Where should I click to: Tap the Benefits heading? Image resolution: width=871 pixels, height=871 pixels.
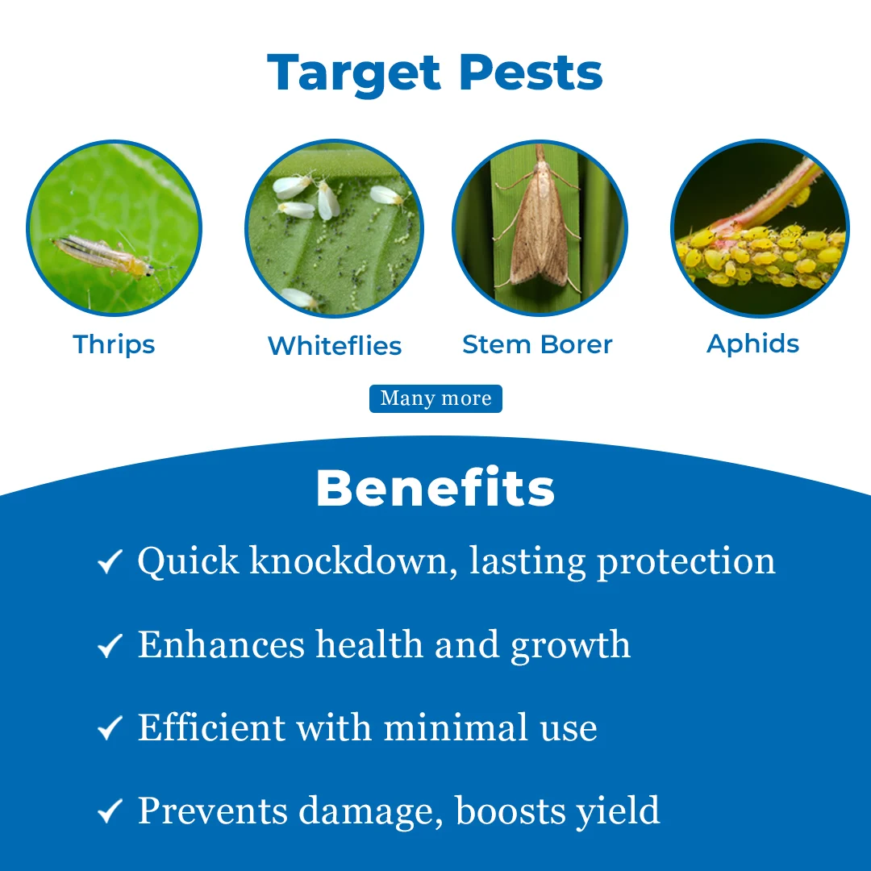point(435,489)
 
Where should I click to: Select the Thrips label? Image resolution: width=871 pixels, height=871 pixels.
point(114,344)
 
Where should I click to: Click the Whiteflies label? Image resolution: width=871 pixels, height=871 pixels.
point(335,346)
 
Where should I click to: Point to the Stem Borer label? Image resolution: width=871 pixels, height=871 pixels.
point(537,344)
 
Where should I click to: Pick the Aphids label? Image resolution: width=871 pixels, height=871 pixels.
point(753,344)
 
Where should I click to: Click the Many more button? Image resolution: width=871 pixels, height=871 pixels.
point(435,398)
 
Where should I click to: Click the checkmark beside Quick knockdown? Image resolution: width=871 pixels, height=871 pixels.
point(110,562)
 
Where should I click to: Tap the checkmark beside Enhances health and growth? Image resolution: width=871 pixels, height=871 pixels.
point(110,646)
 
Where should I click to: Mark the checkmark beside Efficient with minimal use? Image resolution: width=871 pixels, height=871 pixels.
point(110,729)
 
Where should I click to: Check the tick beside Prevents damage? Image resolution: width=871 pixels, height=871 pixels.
point(110,812)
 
